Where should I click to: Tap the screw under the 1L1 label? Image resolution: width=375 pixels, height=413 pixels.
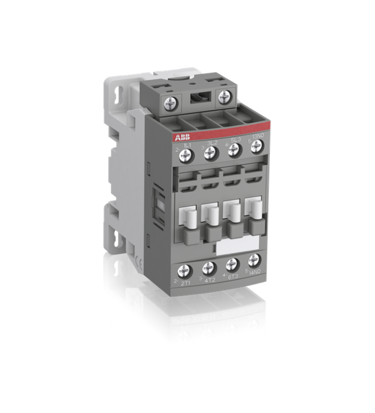[185, 156]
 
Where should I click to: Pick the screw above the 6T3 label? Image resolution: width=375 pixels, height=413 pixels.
[231, 265]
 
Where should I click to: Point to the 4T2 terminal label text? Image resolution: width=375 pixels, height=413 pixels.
[211, 279]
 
